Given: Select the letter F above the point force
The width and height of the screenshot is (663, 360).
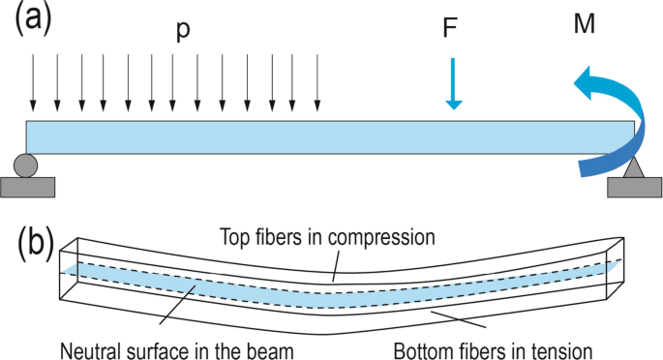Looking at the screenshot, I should point(450,27).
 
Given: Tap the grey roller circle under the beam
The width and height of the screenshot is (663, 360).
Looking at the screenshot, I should point(26,165).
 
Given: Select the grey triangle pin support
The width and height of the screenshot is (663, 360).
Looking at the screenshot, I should point(634,166).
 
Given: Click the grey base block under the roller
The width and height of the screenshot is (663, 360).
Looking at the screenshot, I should point(26,187).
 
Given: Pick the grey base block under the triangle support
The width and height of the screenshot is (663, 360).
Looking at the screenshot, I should point(634,187).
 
